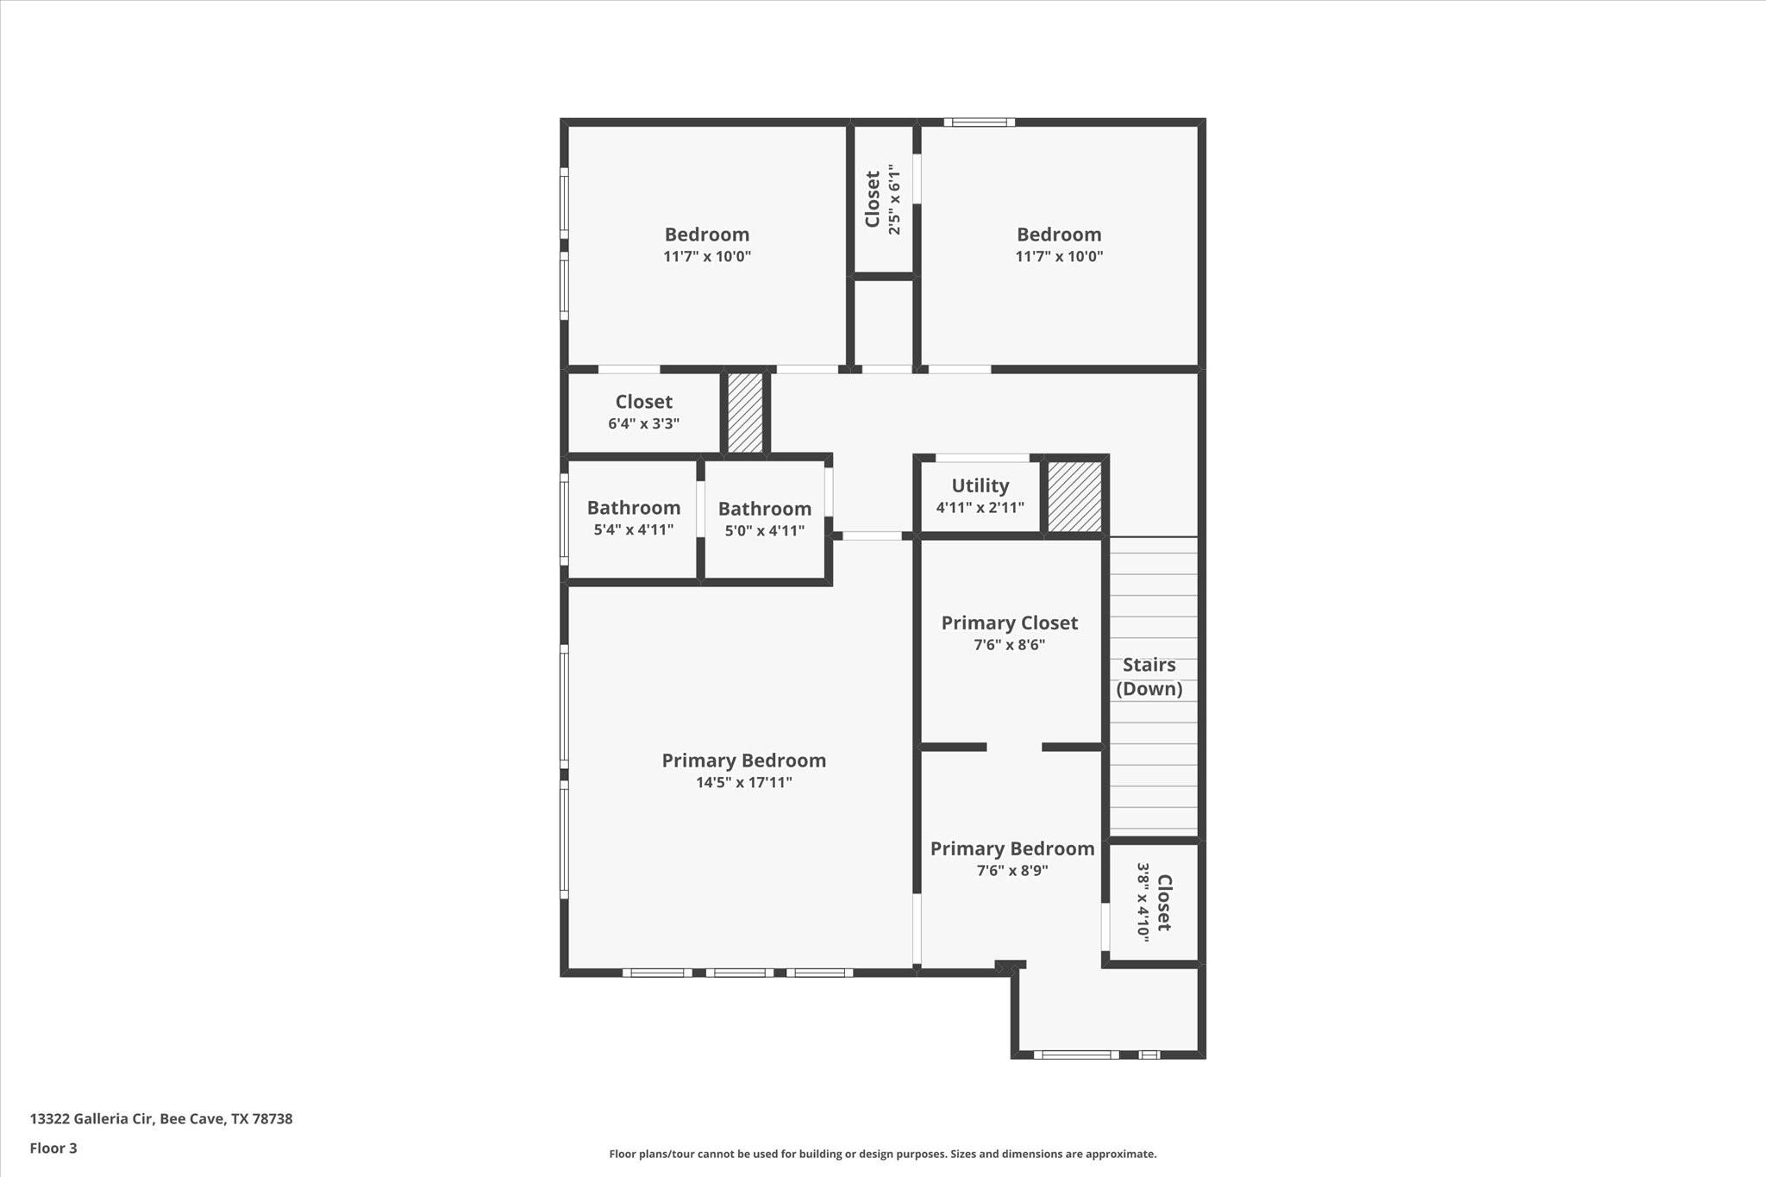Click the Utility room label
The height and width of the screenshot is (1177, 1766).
980,485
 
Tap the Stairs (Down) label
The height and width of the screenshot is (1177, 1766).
1149,677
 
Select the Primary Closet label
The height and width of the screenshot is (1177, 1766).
1009,623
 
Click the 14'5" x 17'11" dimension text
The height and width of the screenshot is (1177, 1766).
743,783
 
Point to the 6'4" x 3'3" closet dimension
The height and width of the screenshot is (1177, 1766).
643,424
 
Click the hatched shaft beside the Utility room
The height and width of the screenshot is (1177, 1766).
1074,497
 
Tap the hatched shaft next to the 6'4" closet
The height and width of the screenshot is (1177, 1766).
745,412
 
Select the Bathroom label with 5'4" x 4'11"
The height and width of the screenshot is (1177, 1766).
634,508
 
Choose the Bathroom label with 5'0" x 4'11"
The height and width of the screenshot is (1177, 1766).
765,509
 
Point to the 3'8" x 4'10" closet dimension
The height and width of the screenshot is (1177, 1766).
1143,902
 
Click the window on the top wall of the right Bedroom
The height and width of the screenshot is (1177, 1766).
979,122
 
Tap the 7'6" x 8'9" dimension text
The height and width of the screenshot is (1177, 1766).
1012,871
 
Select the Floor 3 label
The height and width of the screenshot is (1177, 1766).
53,1149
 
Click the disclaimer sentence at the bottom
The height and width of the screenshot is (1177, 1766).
883,1155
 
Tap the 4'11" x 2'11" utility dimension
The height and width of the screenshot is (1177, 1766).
980,508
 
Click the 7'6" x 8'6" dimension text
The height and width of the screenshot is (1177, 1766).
1009,645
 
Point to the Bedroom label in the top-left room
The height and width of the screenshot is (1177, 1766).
706,235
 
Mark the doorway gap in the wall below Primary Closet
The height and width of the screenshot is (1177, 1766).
1014,747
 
